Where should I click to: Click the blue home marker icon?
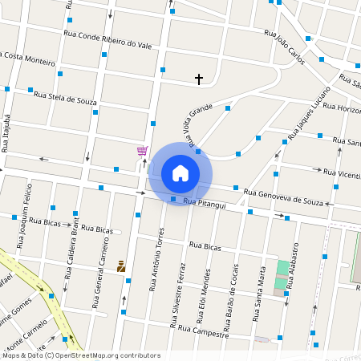click(180, 173)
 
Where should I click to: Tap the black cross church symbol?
click(199, 79)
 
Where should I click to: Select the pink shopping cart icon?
click(142, 151)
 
